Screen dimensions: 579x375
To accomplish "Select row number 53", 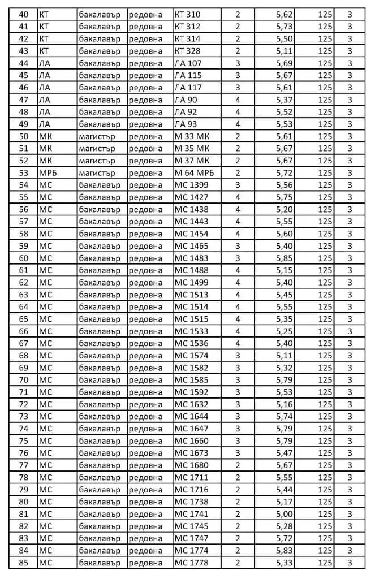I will tap(24, 172).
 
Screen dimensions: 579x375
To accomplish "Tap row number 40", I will tap(24, 14).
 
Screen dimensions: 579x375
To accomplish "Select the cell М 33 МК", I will tap(192, 136).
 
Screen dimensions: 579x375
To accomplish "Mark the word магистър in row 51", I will tap(97, 148).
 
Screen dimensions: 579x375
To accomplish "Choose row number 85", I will tap(24, 562).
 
